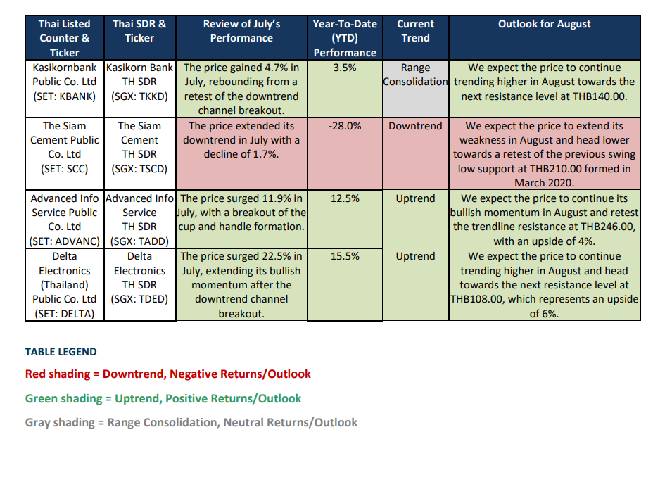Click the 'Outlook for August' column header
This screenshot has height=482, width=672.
545,24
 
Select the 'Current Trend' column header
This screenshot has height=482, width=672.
415,31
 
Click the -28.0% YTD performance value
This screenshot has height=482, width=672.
345,126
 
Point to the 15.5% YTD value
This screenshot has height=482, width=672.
345,256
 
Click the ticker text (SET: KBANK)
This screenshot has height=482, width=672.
65,96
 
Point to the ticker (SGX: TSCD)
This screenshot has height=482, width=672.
139,169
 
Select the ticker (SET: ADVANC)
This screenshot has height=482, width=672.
65,241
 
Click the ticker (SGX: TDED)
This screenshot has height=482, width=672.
139,299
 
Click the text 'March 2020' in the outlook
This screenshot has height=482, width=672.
544,183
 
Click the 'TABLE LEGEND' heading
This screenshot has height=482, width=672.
61,352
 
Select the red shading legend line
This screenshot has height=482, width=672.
168,374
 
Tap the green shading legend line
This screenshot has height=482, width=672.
163,398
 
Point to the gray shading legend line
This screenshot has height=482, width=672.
191,422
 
